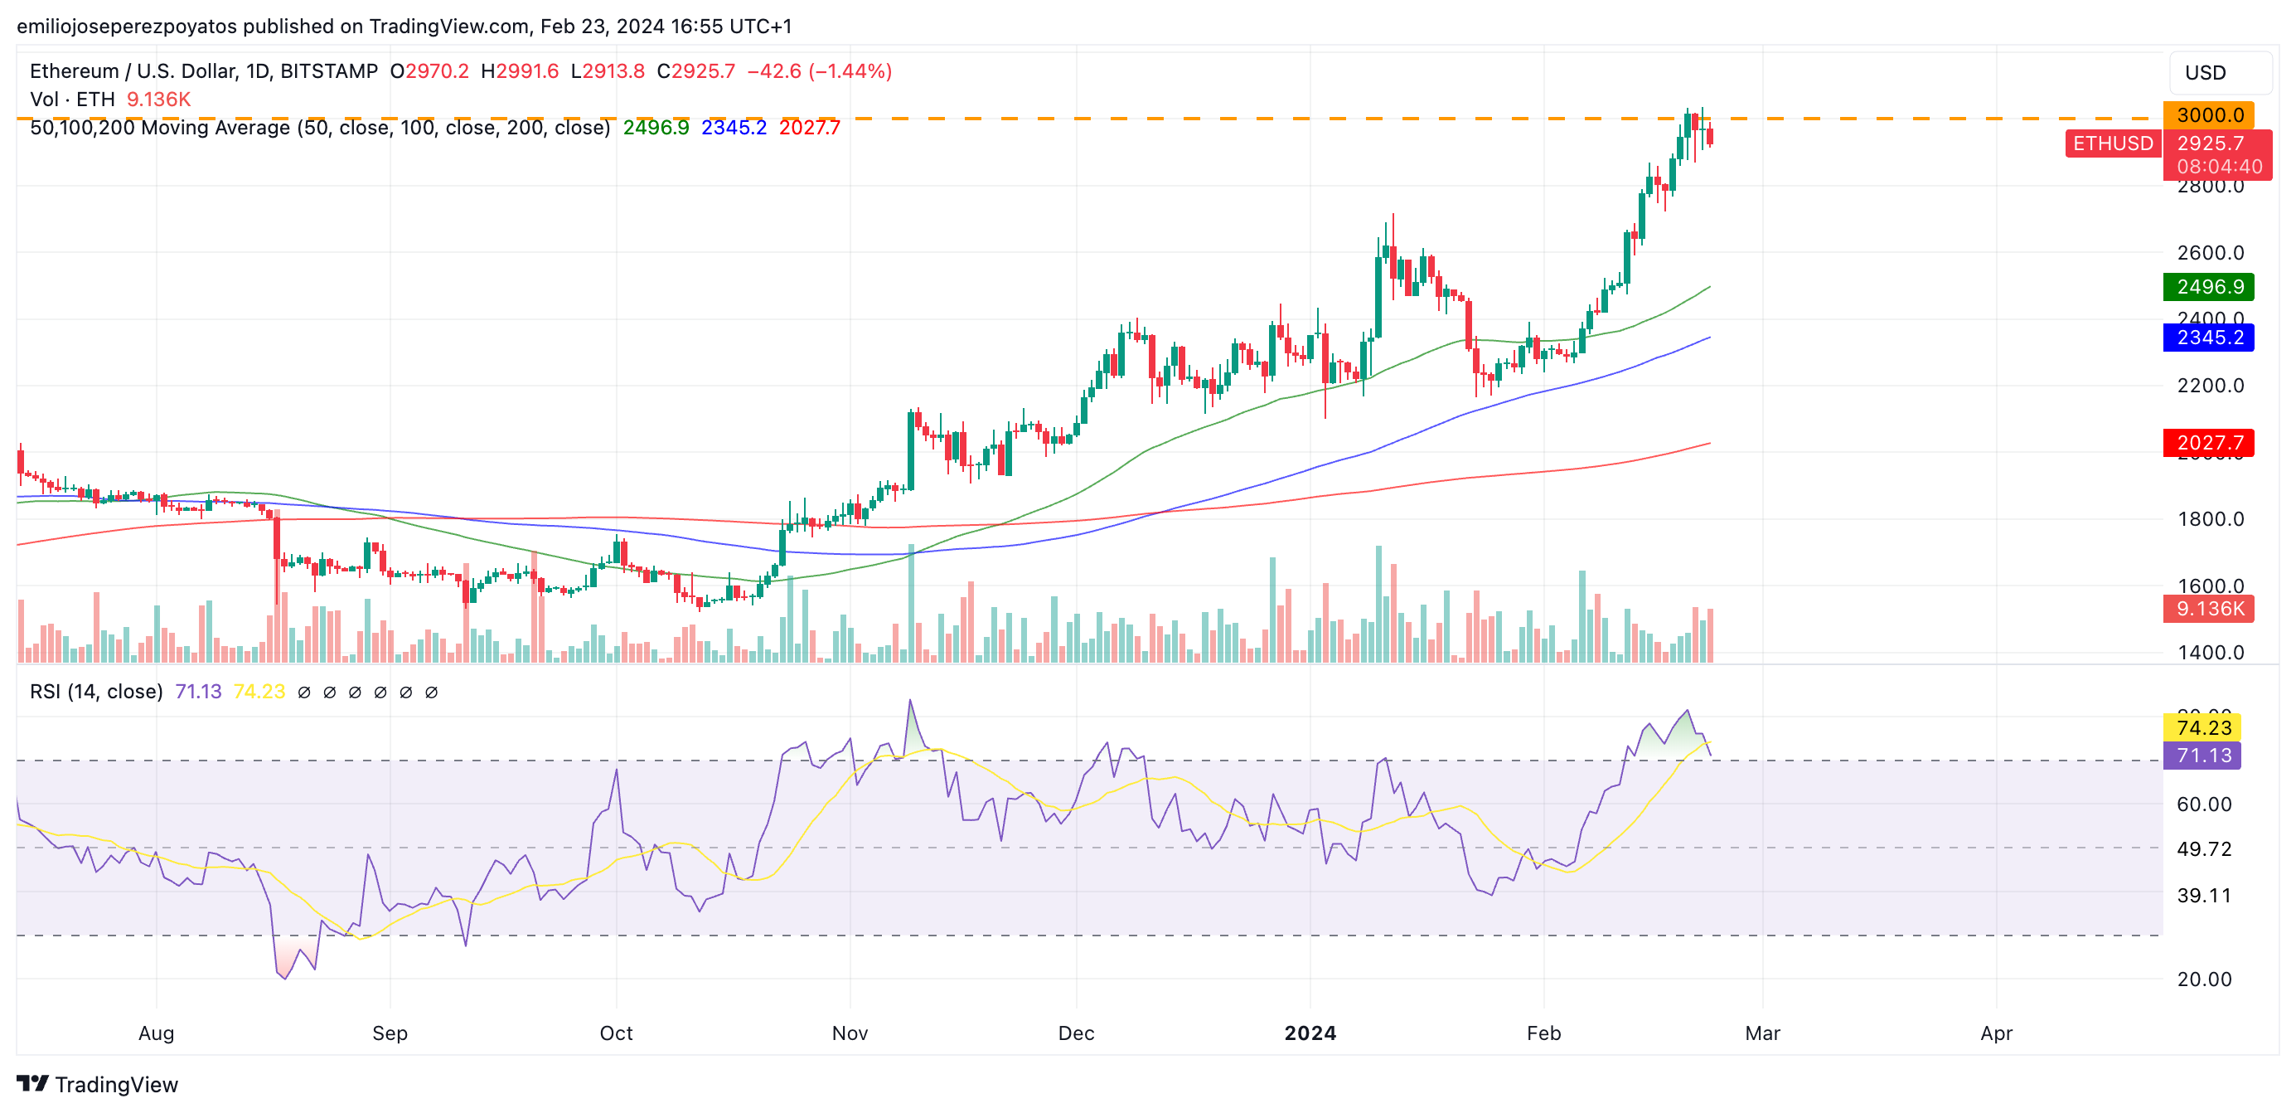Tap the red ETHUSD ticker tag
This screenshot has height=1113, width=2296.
click(x=2112, y=143)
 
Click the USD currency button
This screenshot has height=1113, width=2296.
click(x=2205, y=73)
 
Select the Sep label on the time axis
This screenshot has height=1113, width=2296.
click(x=390, y=1033)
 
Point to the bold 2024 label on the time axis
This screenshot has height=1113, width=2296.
click(x=1310, y=1033)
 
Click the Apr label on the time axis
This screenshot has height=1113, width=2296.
click(x=1996, y=1033)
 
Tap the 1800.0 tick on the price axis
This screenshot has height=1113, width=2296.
click(x=2211, y=519)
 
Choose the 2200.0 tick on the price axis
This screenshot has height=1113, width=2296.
click(x=2211, y=386)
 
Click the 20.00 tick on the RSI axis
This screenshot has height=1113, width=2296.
click(x=2204, y=979)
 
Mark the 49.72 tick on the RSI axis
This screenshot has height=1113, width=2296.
click(x=2204, y=849)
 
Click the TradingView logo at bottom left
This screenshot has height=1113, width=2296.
click(x=98, y=1085)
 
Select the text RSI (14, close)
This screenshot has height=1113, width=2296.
click(x=96, y=692)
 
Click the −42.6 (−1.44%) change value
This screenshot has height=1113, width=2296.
click(x=819, y=71)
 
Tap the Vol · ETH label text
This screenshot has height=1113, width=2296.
click(x=72, y=99)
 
